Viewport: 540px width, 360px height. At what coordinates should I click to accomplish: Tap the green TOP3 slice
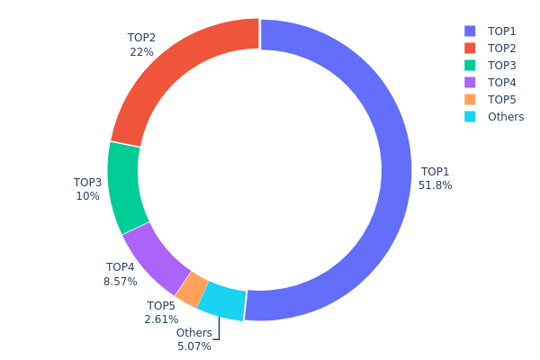point(123,187)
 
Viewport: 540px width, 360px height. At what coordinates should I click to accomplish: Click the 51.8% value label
point(435,185)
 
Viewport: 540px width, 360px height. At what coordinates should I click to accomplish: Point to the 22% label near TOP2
point(141,52)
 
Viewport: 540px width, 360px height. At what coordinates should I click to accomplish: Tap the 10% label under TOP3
point(87,196)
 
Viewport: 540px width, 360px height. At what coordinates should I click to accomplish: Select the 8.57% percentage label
point(120,281)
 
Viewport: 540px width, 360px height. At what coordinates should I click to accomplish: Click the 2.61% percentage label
point(161,319)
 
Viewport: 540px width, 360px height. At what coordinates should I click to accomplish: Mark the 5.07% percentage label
point(193,346)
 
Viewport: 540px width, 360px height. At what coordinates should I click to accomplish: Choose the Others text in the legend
point(505,117)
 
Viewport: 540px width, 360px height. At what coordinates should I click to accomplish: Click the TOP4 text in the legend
point(502,82)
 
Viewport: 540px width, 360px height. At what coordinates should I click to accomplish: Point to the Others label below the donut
point(193,333)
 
